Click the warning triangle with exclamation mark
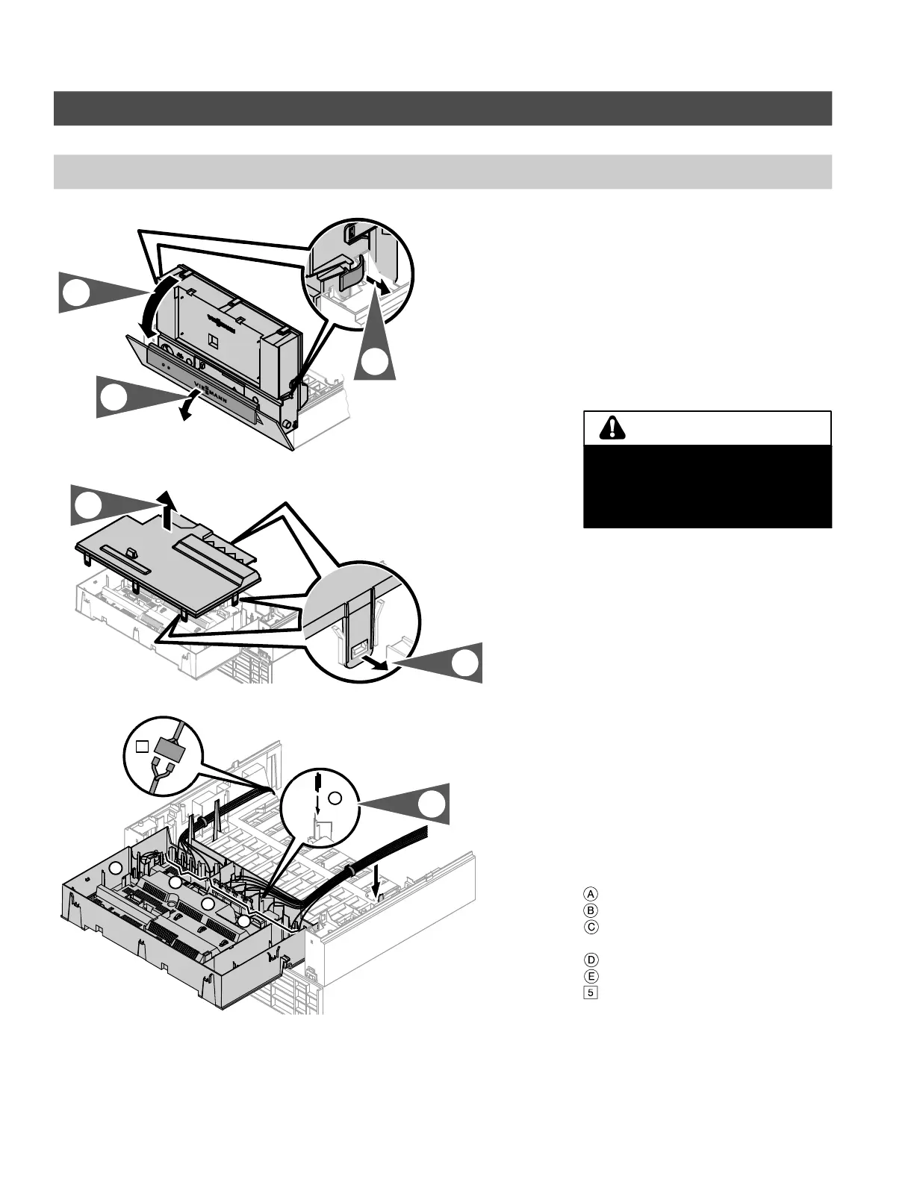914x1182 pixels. coord(612,428)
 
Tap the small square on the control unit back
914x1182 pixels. coord(214,340)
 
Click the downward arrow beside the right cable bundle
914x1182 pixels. coord(377,884)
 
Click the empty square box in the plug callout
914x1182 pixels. coord(143,745)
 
